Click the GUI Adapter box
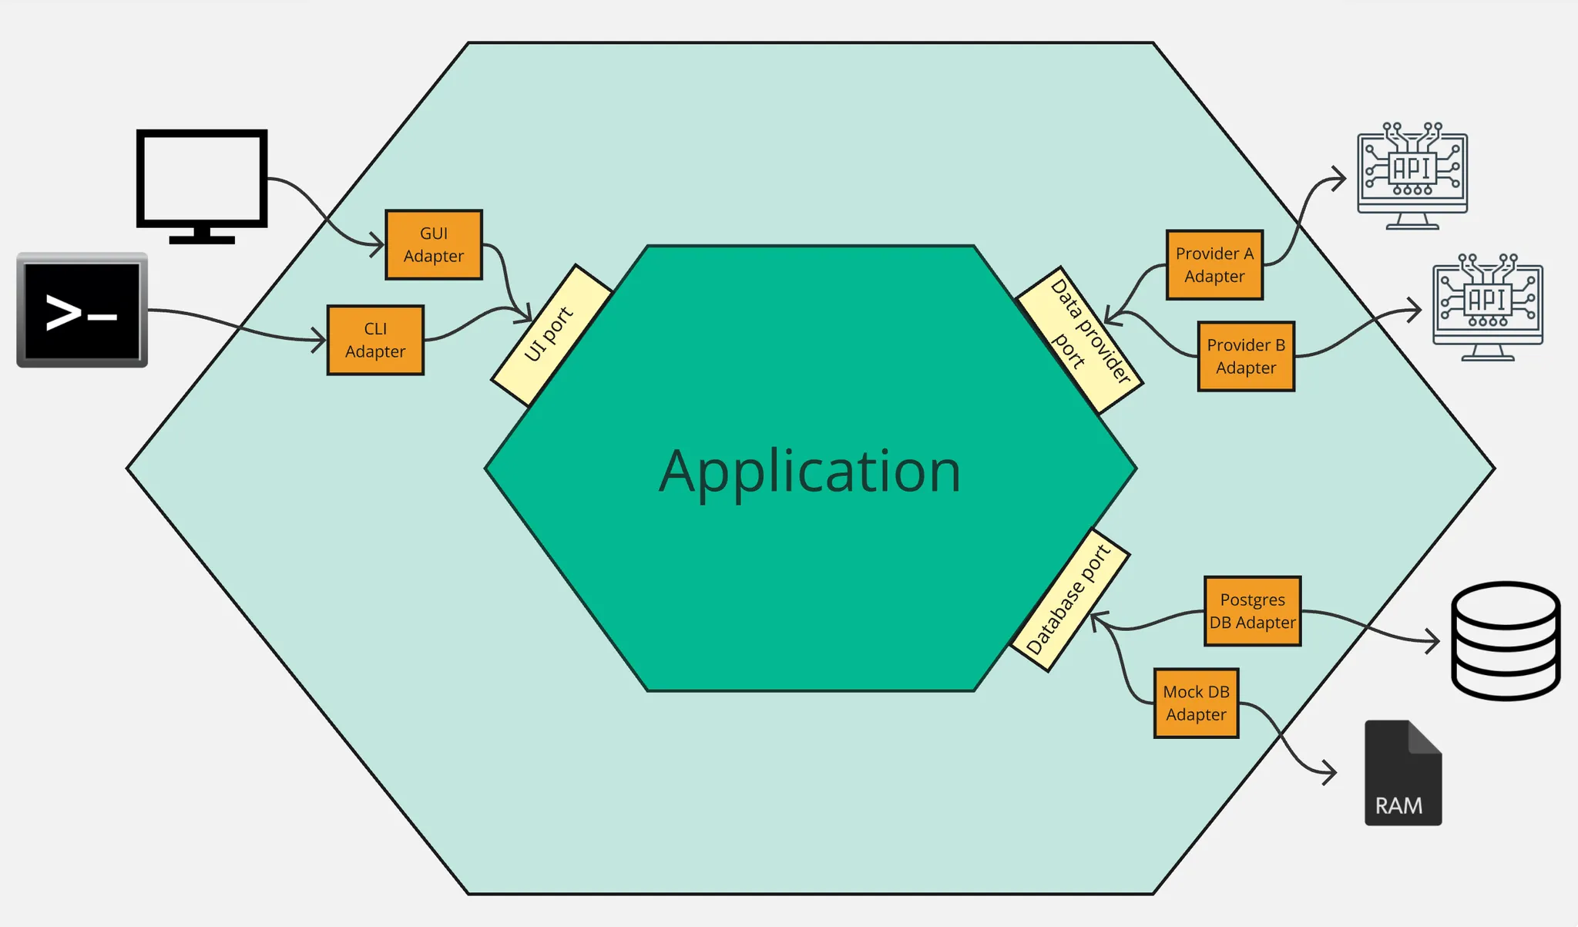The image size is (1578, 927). [x=434, y=244]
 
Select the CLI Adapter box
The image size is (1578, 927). [x=375, y=340]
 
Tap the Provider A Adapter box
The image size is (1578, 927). [x=1214, y=264]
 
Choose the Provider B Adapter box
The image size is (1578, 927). [x=1246, y=356]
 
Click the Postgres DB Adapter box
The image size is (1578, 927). [x=1252, y=611]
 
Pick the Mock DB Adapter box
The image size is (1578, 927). [x=1196, y=703]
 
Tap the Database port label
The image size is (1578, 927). [x=1069, y=600]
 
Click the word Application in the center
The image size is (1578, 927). [x=810, y=471]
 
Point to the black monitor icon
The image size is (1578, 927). [x=202, y=185]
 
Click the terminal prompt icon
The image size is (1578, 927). [x=82, y=311]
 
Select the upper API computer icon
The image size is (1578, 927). [x=1412, y=176]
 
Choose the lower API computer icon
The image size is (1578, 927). [x=1487, y=307]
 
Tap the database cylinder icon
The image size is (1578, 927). [x=1506, y=640]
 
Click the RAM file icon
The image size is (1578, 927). [x=1402, y=773]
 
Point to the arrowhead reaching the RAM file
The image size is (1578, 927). [x=1331, y=771]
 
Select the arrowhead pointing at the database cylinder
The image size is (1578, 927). [x=1434, y=640]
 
